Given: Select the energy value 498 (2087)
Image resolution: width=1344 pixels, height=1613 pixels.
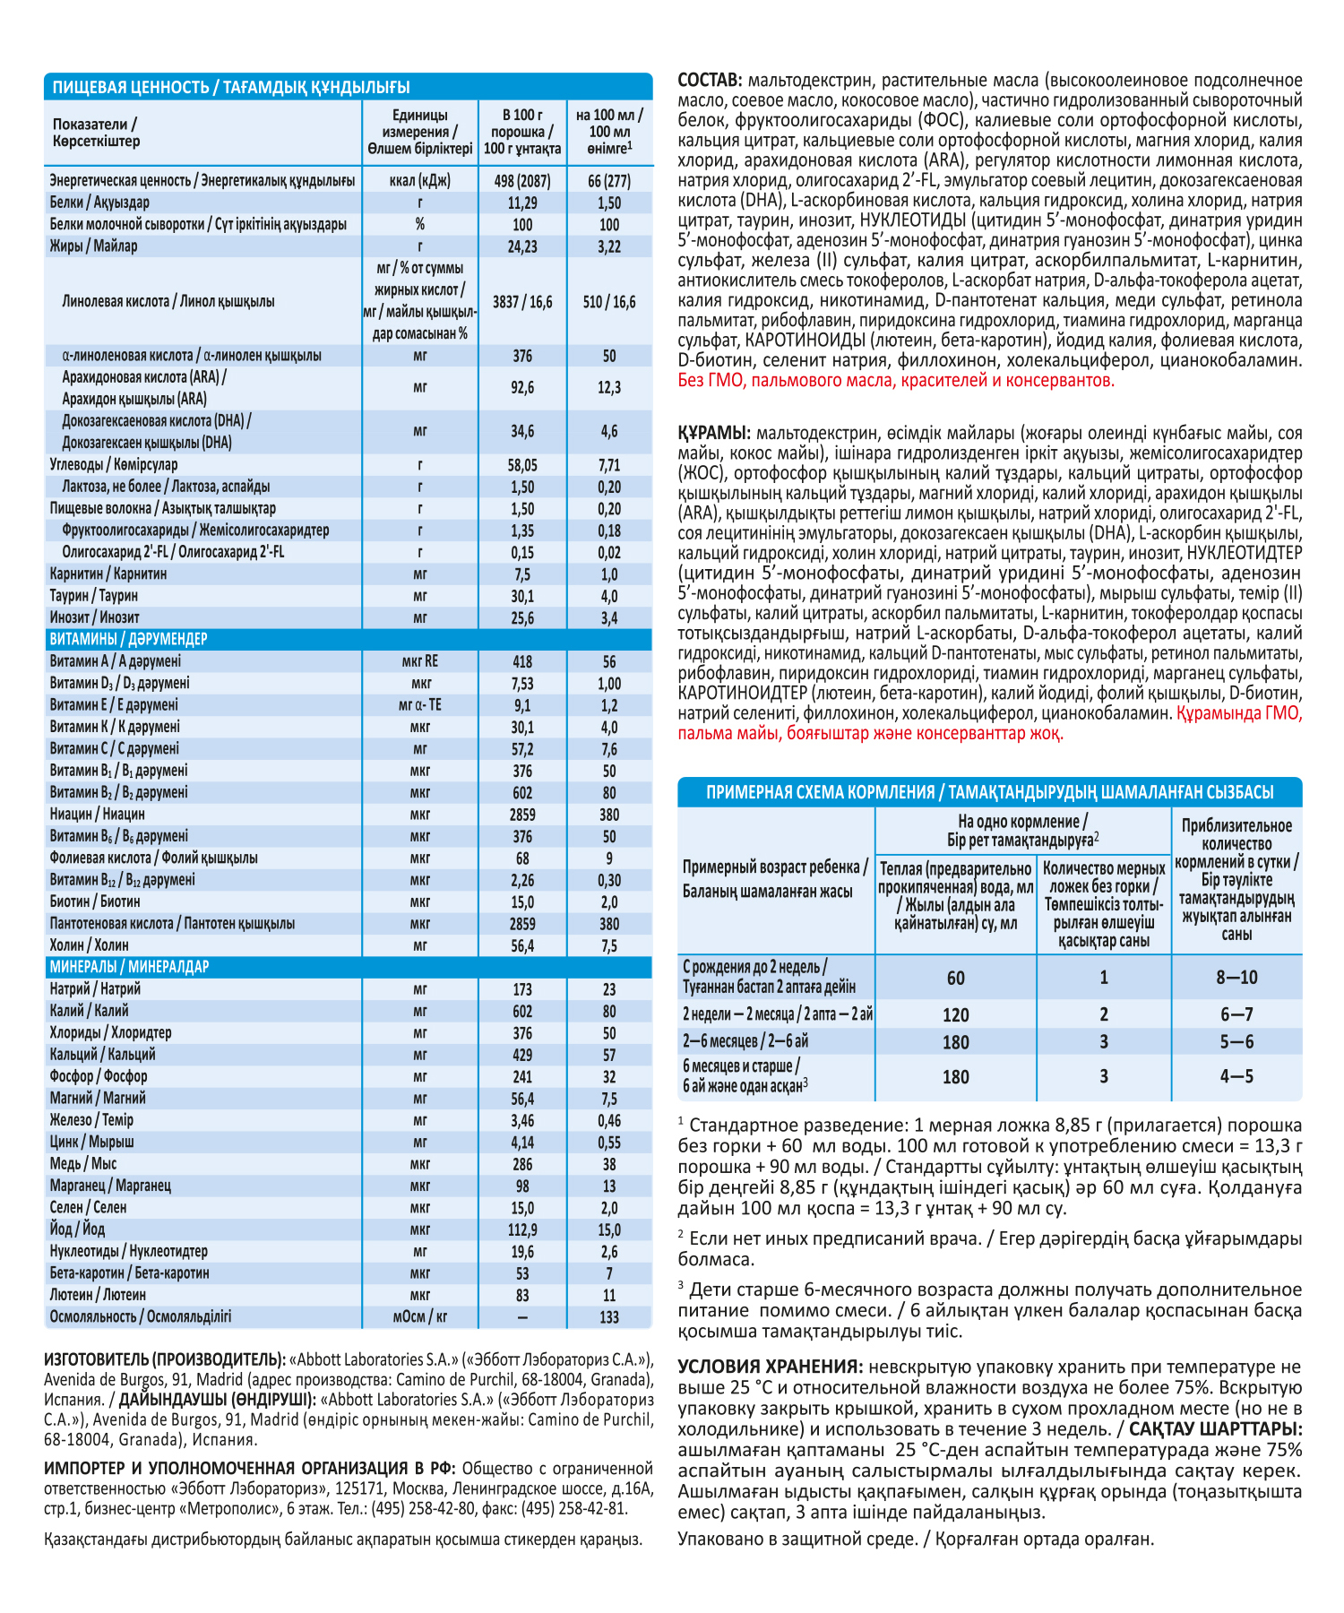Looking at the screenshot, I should coord(522,181).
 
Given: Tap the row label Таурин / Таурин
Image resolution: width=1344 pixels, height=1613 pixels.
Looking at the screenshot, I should coord(94,596).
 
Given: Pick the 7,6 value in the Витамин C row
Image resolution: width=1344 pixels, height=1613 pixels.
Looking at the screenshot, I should coord(609,749).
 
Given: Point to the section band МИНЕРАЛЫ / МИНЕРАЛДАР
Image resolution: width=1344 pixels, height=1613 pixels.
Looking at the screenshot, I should coord(130,967).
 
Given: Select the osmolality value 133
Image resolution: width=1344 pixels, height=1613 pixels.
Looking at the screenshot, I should coord(609,1317).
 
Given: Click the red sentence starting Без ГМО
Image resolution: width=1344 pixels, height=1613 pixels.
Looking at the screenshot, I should coord(896,381).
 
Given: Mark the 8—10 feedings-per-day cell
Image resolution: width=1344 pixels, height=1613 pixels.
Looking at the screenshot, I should coord(1236,978).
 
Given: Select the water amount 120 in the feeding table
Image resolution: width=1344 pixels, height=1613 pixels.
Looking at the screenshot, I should coord(956,1015).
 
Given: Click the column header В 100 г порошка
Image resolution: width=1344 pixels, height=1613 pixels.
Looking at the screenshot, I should coord(522,132).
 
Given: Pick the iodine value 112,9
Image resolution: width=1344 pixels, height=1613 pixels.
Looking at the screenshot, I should coord(522,1230).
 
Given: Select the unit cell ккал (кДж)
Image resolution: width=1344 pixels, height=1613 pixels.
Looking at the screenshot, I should coord(420,181).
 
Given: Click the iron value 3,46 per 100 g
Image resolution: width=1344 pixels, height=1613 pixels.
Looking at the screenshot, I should coord(522,1120).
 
